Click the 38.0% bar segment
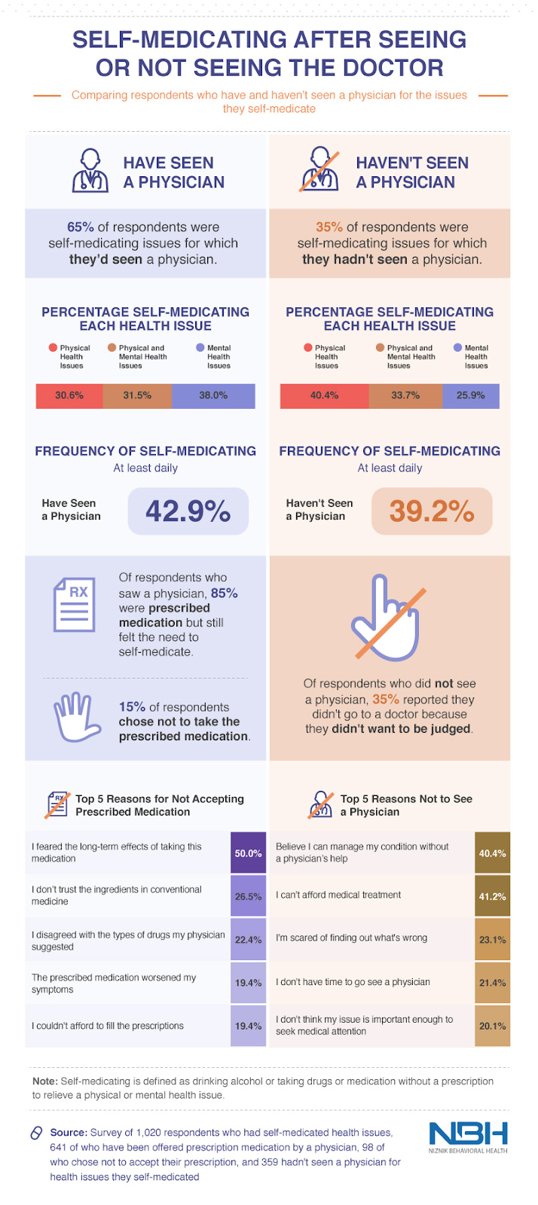[x=213, y=395]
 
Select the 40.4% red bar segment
[x=324, y=395]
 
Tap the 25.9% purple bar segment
[x=471, y=395]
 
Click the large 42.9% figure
[x=188, y=511]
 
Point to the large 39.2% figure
[x=432, y=511]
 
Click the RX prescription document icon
[x=74, y=604]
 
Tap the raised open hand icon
[x=76, y=718]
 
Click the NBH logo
[x=468, y=1135]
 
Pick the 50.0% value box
[x=248, y=853]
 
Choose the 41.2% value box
[x=492, y=896]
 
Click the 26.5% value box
[x=248, y=896]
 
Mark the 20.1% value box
[x=492, y=1026]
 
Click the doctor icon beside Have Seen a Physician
[x=90, y=171]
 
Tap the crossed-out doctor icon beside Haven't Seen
[x=319, y=171]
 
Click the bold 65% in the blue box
[x=81, y=227]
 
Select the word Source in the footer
[x=68, y=1133]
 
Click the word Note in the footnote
[x=45, y=1081]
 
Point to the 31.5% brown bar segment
[x=137, y=395]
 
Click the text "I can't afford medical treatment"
[x=338, y=895]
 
